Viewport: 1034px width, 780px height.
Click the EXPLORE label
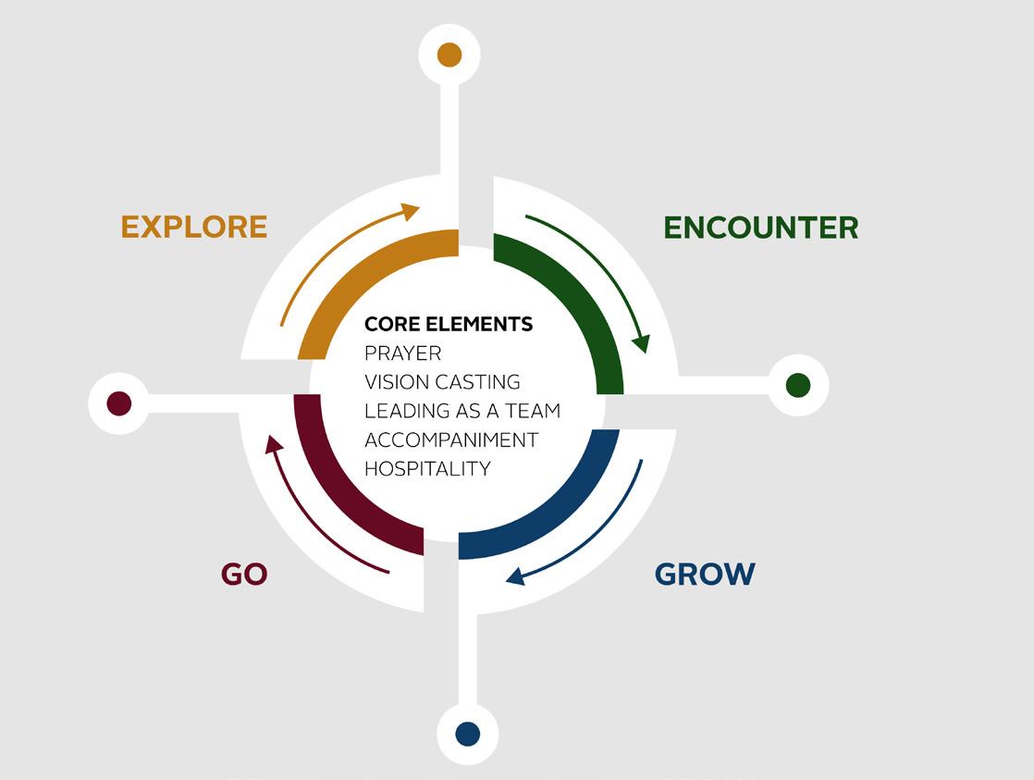point(194,227)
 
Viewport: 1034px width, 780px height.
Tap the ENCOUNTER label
point(760,228)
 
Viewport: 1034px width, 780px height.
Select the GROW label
point(705,574)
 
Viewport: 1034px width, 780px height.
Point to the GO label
point(244,574)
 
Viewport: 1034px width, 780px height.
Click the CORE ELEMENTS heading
point(449,324)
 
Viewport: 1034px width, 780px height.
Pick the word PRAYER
point(403,353)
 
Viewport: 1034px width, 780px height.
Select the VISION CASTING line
point(442,382)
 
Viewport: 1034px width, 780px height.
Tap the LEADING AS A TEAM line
point(462,411)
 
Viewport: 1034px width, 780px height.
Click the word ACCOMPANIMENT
point(451,440)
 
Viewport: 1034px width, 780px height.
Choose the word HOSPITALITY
point(427,468)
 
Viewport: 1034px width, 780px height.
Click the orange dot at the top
point(449,55)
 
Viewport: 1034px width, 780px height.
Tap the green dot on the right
point(797,385)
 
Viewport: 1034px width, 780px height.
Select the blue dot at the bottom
point(468,734)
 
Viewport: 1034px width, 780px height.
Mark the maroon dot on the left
point(119,403)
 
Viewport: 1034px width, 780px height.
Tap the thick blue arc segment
point(564,509)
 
